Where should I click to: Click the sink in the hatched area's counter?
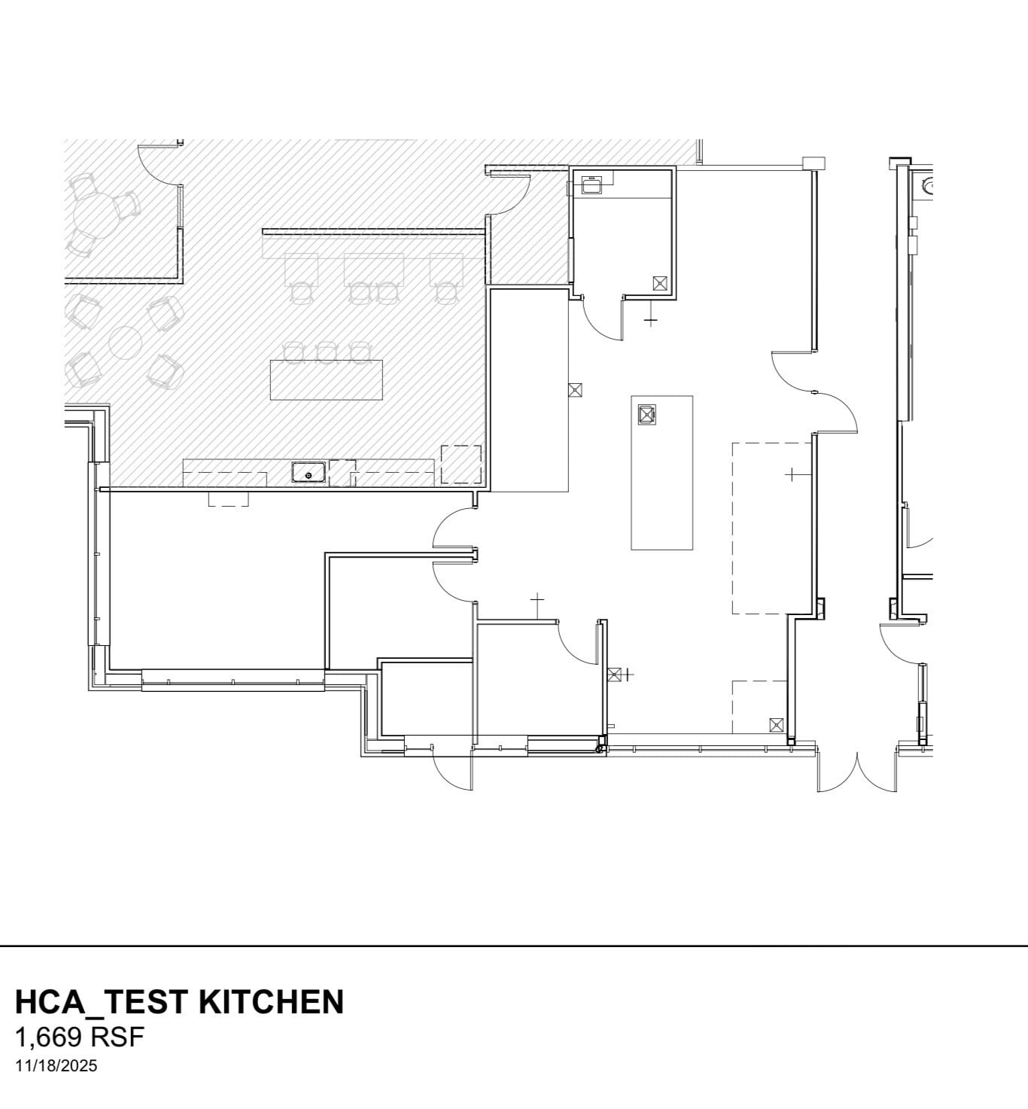pyautogui.click(x=309, y=474)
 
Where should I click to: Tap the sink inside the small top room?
pyautogui.click(x=591, y=185)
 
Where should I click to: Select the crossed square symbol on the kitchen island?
pyautogui.click(x=646, y=414)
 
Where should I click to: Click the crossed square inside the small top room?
pyautogui.click(x=660, y=283)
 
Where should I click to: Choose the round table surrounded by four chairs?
pyautogui.click(x=125, y=343)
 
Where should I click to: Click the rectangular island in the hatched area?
pyautogui.click(x=326, y=380)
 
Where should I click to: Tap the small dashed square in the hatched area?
pyautogui.click(x=461, y=464)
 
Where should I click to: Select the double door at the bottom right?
pyautogui.click(x=857, y=769)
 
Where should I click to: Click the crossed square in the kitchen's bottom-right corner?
pyautogui.click(x=777, y=725)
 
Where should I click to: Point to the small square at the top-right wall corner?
pyautogui.click(x=814, y=163)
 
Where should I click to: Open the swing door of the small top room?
pyautogui.click(x=602, y=319)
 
